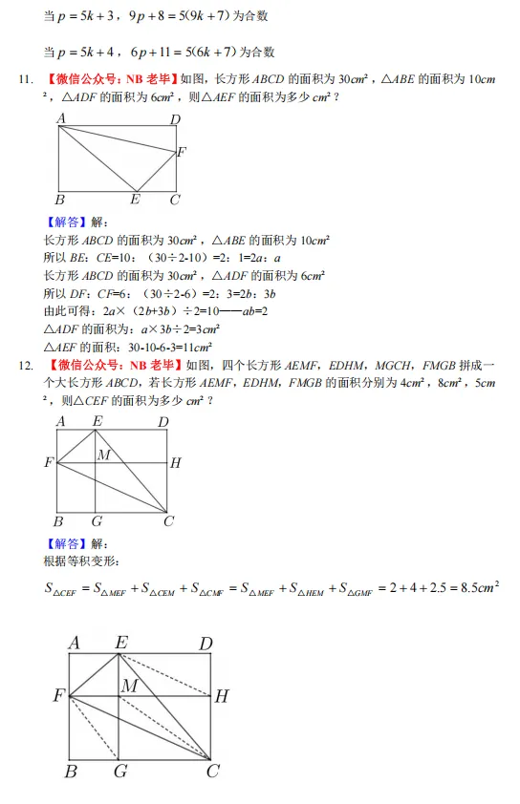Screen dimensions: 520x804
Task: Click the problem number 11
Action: click(x=26, y=80)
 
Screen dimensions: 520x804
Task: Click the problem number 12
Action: click(x=26, y=365)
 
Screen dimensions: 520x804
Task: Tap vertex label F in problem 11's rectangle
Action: click(x=182, y=152)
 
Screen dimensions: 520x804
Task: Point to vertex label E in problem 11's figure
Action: click(x=135, y=200)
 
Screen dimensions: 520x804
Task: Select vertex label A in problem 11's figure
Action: click(x=61, y=118)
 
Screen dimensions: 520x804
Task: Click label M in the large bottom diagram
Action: click(x=129, y=686)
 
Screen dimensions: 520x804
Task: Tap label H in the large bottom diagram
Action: click(x=222, y=697)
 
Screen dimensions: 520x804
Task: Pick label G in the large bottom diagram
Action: click(x=120, y=771)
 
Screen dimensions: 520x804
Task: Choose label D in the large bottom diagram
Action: click(x=205, y=645)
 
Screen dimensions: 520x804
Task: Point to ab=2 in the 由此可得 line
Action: click(x=249, y=310)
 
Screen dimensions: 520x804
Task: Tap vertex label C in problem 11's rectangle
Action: click(x=174, y=200)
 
